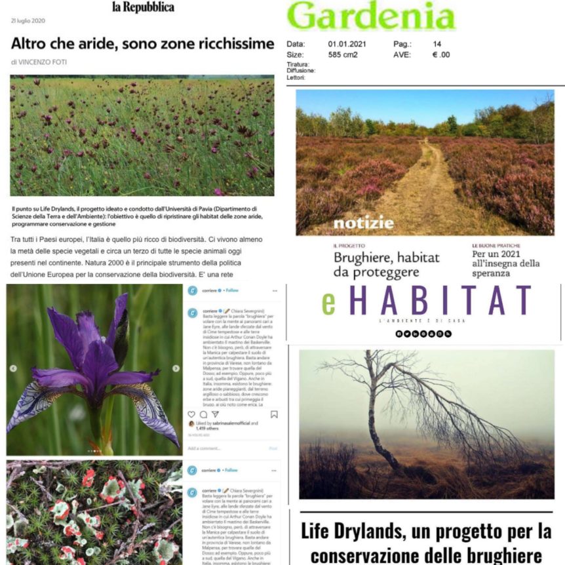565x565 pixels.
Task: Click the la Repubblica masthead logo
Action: pyautogui.click(x=143, y=7)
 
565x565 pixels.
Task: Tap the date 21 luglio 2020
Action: pyautogui.click(x=28, y=21)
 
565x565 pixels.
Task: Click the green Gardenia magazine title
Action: pyautogui.click(x=370, y=16)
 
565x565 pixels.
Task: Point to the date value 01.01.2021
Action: pyautogui.click(x=347, y=45)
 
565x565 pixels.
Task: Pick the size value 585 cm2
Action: pyautogui.click(x=343, y=54)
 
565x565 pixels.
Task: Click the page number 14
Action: pyautogui.click(x=437, y=45)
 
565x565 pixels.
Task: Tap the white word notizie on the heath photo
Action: pyautogui.click(x=363, y=222)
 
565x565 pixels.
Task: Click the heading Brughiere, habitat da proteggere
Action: pyautogui.click(x=387, y=264)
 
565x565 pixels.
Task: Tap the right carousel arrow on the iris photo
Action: pyautogui.click(x=176, y=368)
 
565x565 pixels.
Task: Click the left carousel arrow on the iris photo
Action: pyautogui.click(x=13, y=368)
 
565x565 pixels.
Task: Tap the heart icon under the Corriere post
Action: pyautogui.click(x=191, y=414)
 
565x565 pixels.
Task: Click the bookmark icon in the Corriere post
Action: pyautogui.click(x=274, y=414)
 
